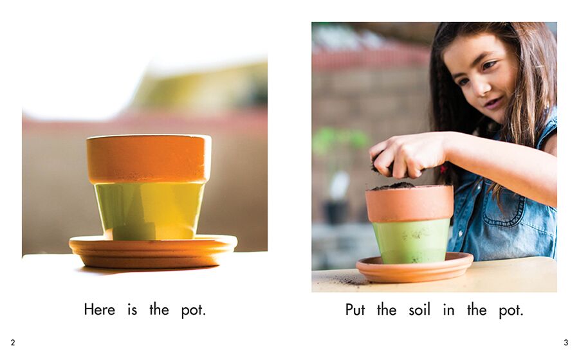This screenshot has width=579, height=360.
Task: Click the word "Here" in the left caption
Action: click(99, 309)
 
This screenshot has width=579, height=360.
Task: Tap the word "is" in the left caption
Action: click(132, 309)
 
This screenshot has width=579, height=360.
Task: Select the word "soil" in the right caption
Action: click(419, 309)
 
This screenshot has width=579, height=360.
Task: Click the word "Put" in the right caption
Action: click(355, 309)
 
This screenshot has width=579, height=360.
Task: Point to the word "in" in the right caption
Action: click(448, 309)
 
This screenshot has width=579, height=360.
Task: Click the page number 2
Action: click(13, 343)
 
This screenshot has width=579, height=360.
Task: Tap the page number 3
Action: click(565, 343)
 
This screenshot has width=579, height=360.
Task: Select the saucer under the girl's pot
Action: click(414, 269)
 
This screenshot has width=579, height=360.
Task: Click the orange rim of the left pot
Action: click(149, 159)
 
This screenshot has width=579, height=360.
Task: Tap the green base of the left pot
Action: click(149, 211)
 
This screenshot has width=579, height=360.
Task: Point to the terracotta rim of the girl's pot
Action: click(410, 204)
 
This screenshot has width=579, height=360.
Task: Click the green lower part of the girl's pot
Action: click(411, 242)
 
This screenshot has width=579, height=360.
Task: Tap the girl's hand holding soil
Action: click(408, 155)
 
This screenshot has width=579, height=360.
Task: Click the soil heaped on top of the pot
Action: click(393, 186)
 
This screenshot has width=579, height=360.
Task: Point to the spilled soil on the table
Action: click(348, 281)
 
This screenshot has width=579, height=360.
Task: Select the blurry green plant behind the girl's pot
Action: click(340, 142)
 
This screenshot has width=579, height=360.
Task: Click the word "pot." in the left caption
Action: click(194, 310)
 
